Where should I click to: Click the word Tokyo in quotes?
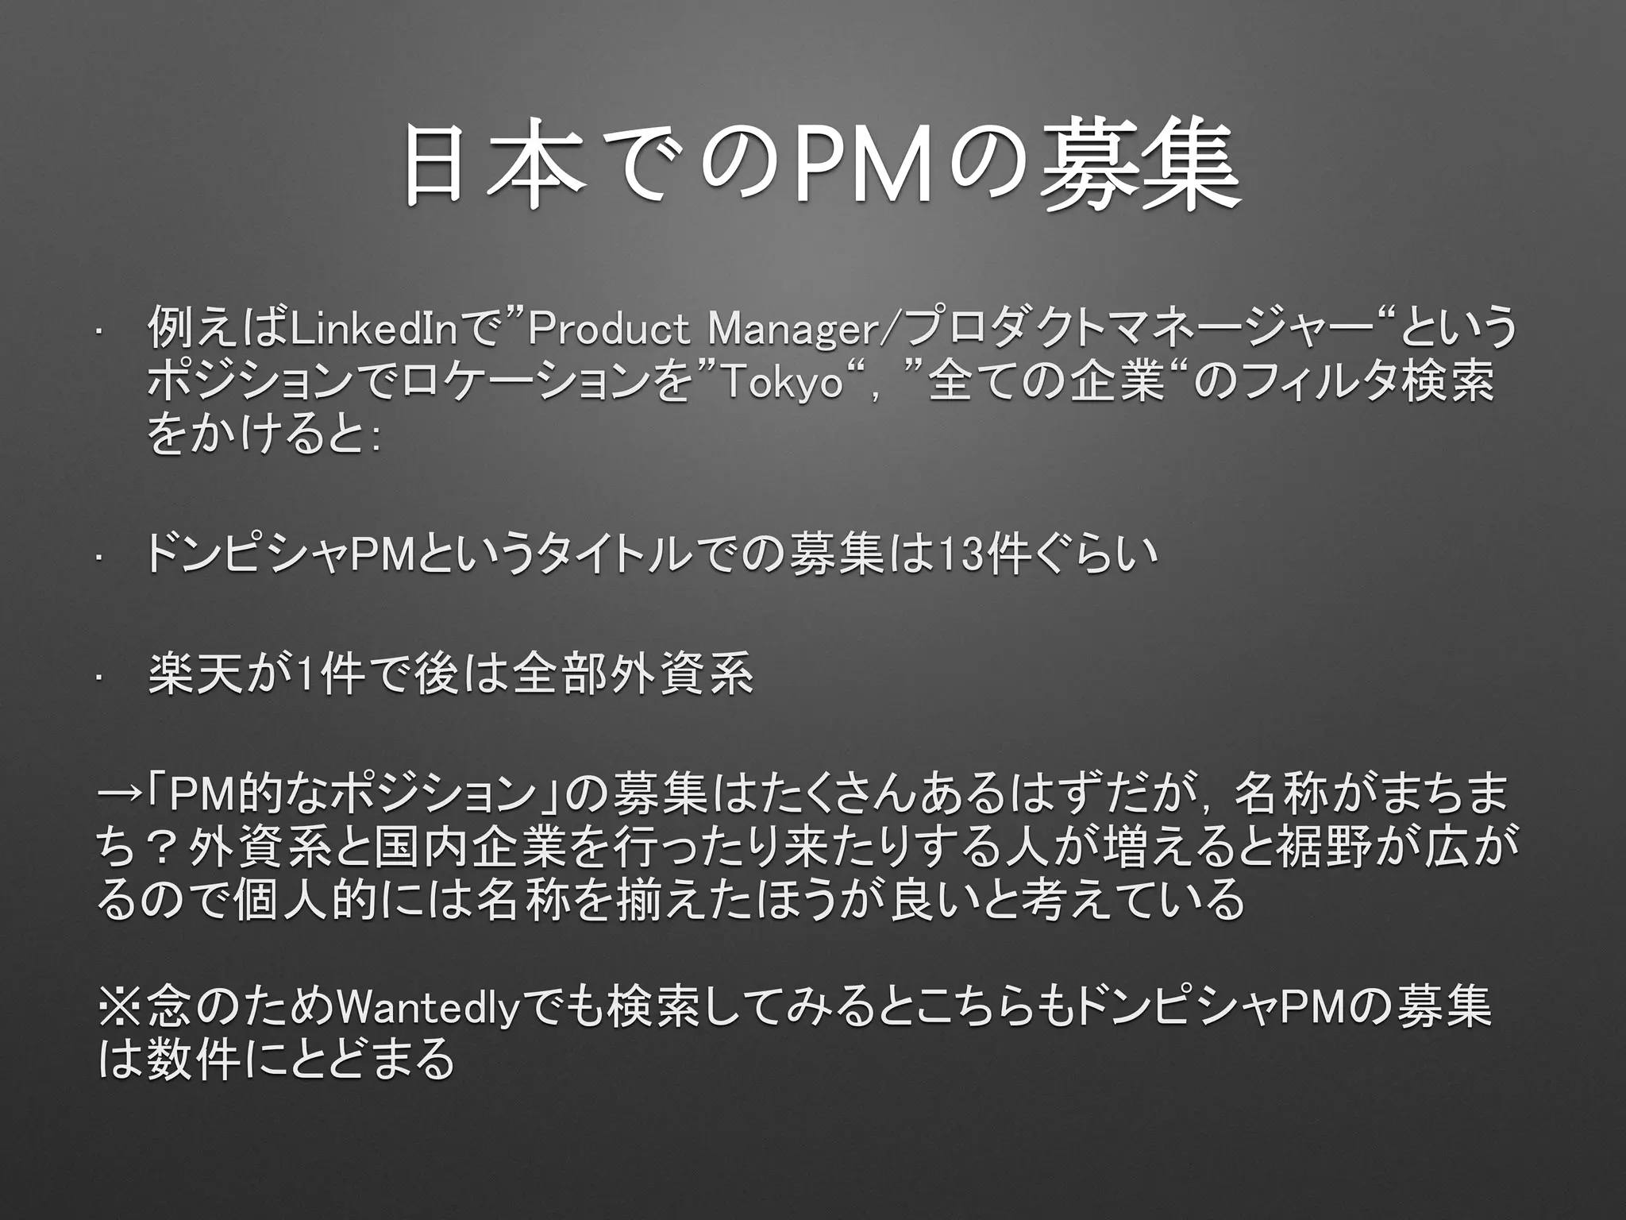click(780, 384)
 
